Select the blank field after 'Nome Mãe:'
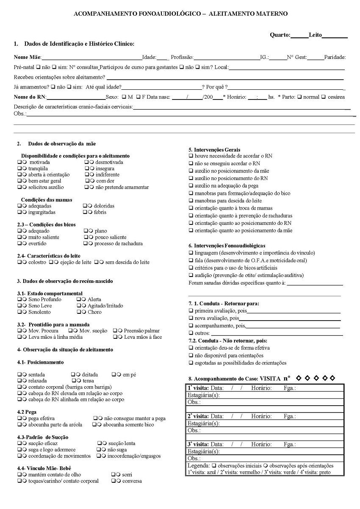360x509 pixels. (91, 57)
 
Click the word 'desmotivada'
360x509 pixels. (109, 162)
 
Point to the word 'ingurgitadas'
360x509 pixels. (42, 212)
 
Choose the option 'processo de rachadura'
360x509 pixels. (119, 243)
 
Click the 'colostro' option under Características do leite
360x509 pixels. (37, 262)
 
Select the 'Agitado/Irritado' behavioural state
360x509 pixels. (105, 306)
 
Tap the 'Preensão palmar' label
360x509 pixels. (142, 331)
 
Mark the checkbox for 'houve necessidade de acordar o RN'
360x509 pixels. (191, 156)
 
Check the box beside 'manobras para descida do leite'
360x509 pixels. (191, 201)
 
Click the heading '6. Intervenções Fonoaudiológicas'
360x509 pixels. (227, 246)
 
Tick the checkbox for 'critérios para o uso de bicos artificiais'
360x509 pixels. (191, 268)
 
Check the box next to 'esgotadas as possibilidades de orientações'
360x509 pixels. (191, 363)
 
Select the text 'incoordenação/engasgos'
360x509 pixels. (134, 456)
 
